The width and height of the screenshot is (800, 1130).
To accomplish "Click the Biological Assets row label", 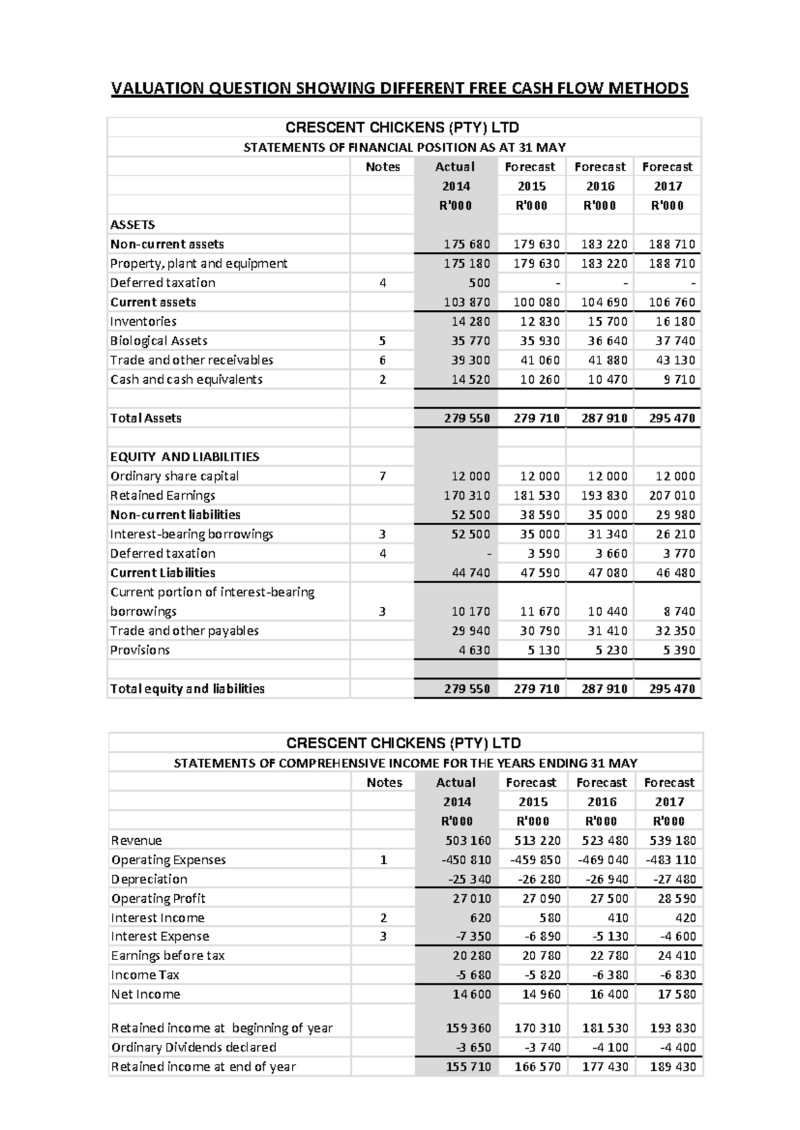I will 159,340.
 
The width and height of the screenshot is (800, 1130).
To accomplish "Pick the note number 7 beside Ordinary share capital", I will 382,476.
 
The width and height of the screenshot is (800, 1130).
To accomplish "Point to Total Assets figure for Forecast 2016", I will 604,418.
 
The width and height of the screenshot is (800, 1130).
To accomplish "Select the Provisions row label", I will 140,650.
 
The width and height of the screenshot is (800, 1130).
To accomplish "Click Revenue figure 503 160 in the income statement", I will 467,840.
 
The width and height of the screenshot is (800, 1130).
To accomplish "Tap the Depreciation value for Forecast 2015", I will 539,879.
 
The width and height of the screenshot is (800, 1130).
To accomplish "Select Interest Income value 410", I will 616,917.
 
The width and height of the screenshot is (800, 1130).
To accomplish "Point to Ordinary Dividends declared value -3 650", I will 472,1047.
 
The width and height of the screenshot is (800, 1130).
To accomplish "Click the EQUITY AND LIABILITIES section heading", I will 185,456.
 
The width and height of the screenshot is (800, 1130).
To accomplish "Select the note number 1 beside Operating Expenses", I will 383,859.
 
